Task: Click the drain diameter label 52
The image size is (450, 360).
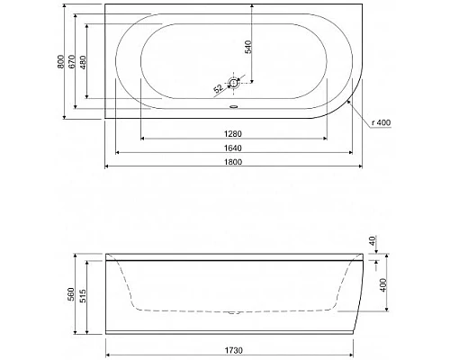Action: (218, 88)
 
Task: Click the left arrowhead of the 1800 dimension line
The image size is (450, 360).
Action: (108, 167)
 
